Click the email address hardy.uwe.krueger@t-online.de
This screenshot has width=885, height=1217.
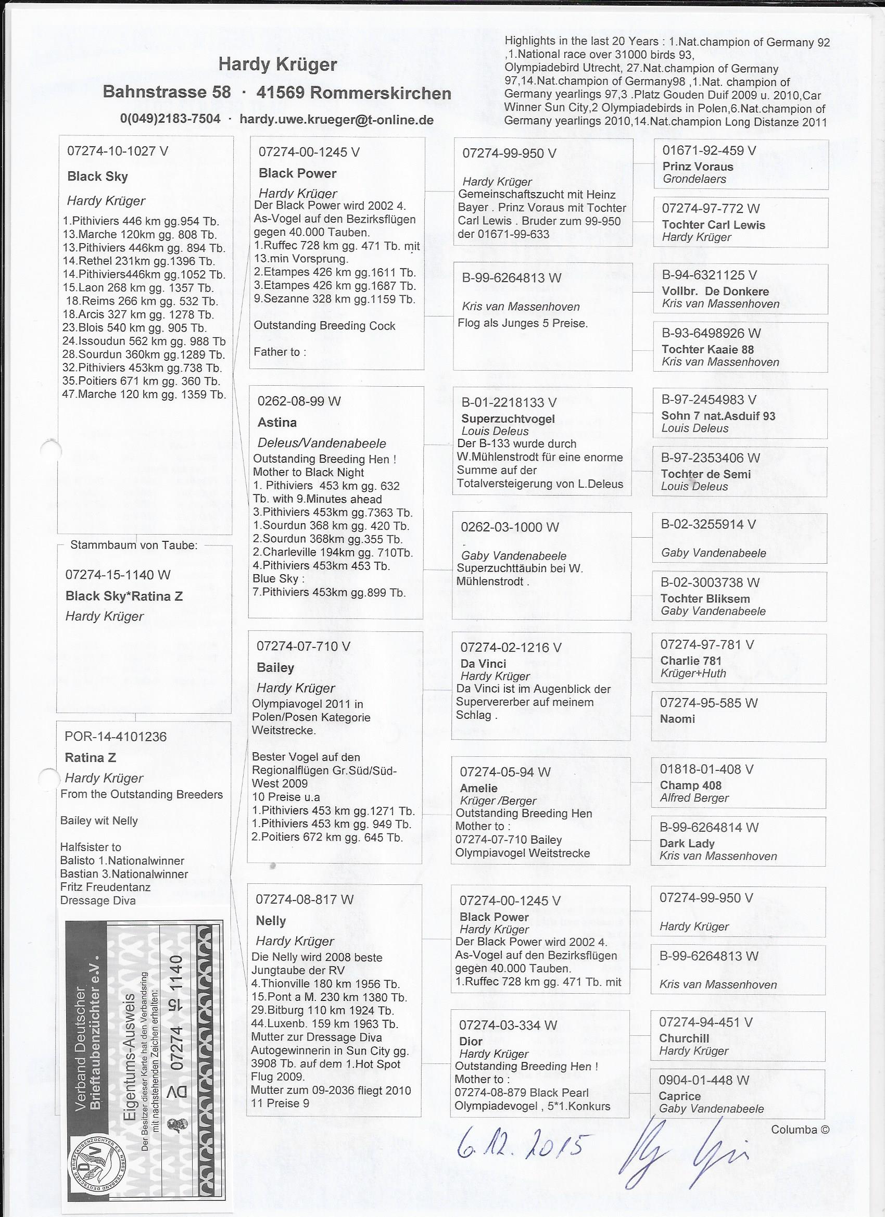(336, 119)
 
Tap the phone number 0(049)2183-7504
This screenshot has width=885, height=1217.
(170, 119)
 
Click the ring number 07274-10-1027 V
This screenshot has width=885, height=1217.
(118, 151)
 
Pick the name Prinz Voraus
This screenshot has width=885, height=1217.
(698, 167)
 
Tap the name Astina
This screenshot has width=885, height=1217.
(277, 422)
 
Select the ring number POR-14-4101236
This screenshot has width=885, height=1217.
(116, 736)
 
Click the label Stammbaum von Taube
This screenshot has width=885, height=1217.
(134, 545)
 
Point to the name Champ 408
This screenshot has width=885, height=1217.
(690, 785)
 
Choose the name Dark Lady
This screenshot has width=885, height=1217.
(687, 843)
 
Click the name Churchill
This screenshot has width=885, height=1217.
(684, 1038)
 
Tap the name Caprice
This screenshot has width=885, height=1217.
(679, 1096)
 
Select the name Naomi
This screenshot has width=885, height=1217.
(677, 718)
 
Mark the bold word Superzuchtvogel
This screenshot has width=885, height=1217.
(508, 419)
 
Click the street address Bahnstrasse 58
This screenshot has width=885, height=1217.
(167, 92)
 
